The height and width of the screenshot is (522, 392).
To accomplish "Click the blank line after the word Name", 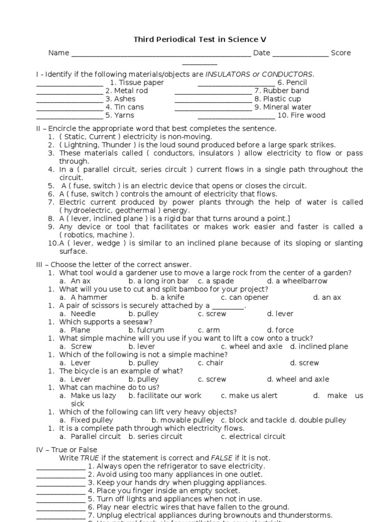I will [161, 54].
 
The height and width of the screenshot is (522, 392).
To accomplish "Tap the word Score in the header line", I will [340, 53].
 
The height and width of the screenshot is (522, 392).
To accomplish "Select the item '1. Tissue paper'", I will [137, 83].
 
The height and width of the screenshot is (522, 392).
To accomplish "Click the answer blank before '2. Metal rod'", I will [69, 91].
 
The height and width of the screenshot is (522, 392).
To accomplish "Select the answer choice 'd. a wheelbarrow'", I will [297, 281].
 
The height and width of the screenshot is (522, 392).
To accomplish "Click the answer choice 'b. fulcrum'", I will [146, 330].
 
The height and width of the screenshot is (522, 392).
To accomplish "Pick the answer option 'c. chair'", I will [211, 363].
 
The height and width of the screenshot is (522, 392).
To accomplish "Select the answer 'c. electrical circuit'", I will [253, 436].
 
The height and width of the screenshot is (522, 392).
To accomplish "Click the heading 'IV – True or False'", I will [67, 450].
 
